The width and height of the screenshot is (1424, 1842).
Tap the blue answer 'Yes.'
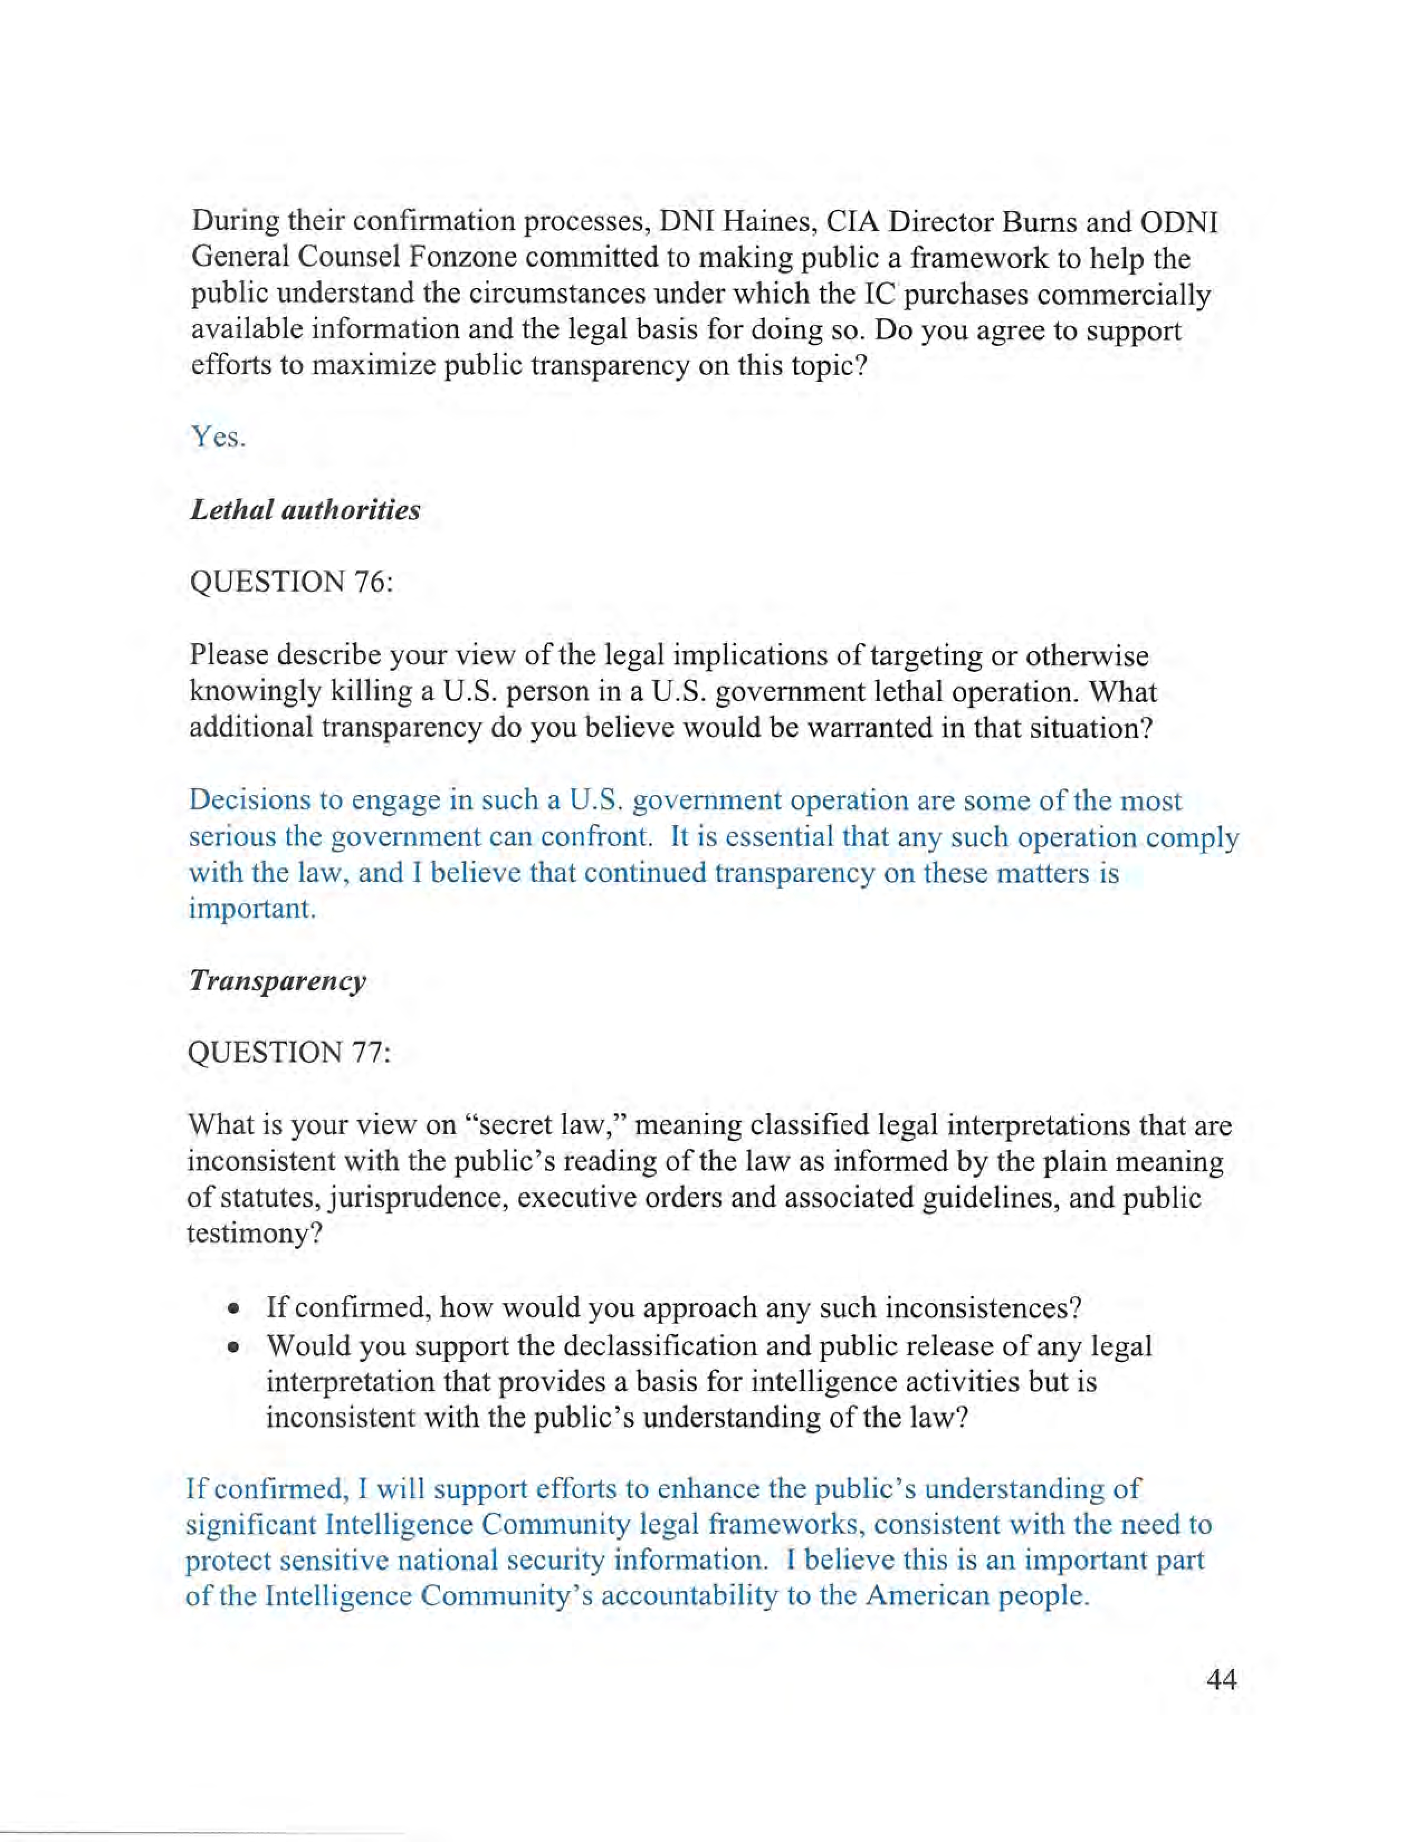pyautogui.click(x=218, y=437)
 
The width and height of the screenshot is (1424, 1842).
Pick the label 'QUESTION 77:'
pyautogui.click(x=289, y=1053)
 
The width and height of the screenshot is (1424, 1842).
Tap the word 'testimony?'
pyautogui.click(x=254, y=1234)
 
